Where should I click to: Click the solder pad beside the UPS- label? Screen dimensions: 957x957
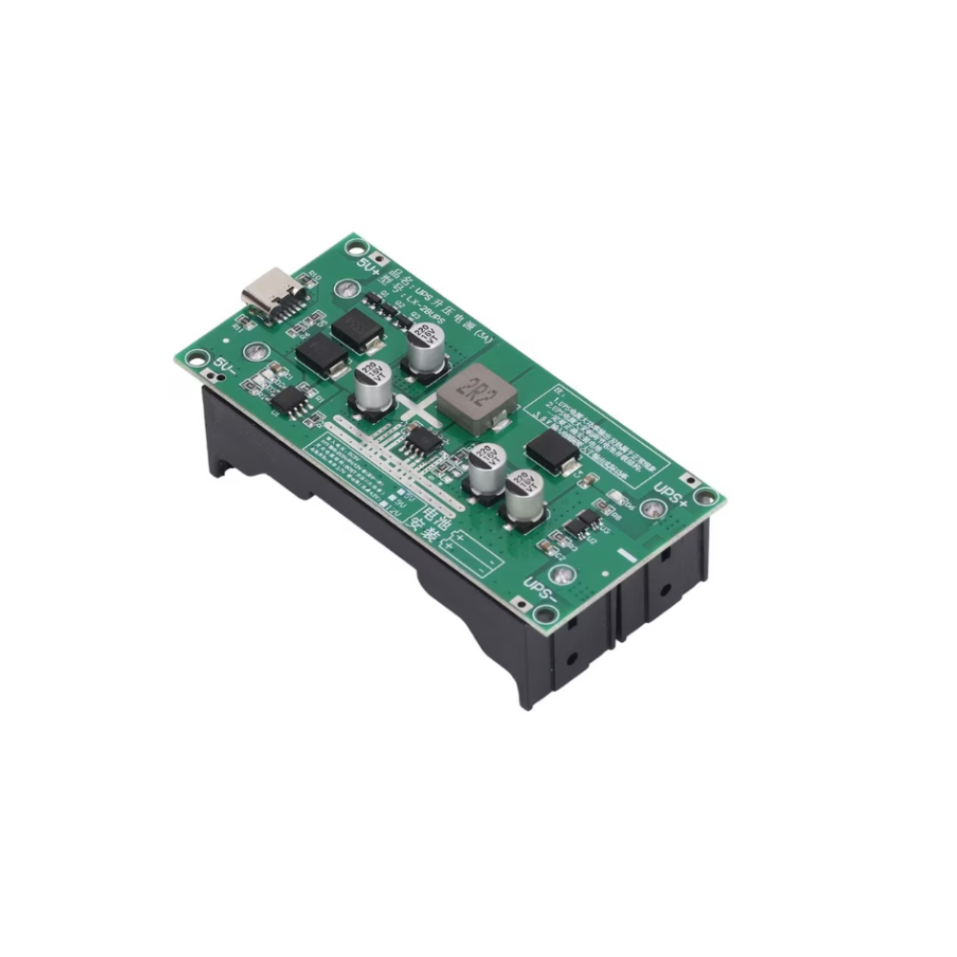click(x=565, y=574)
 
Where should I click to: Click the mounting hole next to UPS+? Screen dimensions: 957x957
click(x=705, y=496)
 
